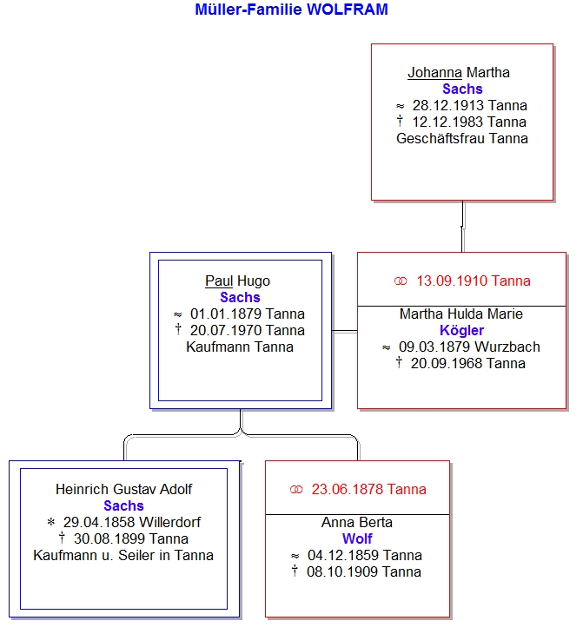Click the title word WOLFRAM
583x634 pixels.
348,10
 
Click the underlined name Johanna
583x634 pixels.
434,72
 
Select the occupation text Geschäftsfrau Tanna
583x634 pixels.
462,138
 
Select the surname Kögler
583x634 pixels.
461,330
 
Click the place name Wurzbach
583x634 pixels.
507,347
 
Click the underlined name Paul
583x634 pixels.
219,281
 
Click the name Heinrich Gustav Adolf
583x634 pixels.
123,489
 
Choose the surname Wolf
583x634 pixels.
357,538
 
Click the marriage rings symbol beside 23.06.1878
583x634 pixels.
296,490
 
